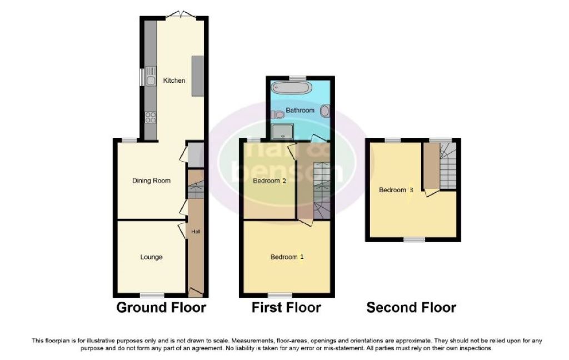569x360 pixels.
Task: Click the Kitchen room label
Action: coord(174,81)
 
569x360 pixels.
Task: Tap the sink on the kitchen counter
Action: coord(150,76)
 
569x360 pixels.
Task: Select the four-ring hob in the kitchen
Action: coord(150,117)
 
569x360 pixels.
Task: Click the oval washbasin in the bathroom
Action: coord(324,111)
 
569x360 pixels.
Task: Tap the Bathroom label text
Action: coord(300,111)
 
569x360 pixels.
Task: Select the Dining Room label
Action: coord(151,181)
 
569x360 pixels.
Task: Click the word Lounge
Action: coord(151,257)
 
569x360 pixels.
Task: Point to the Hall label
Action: coord(196,231)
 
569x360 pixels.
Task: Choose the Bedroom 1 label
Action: coord(287,257)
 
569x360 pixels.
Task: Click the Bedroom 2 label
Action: coord(269,181)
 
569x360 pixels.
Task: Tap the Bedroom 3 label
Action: coord(396,190)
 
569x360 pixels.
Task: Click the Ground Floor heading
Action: coord(161,307)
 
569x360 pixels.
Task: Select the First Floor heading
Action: coord(286,307)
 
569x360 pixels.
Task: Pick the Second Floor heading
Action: coord(411,307)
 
